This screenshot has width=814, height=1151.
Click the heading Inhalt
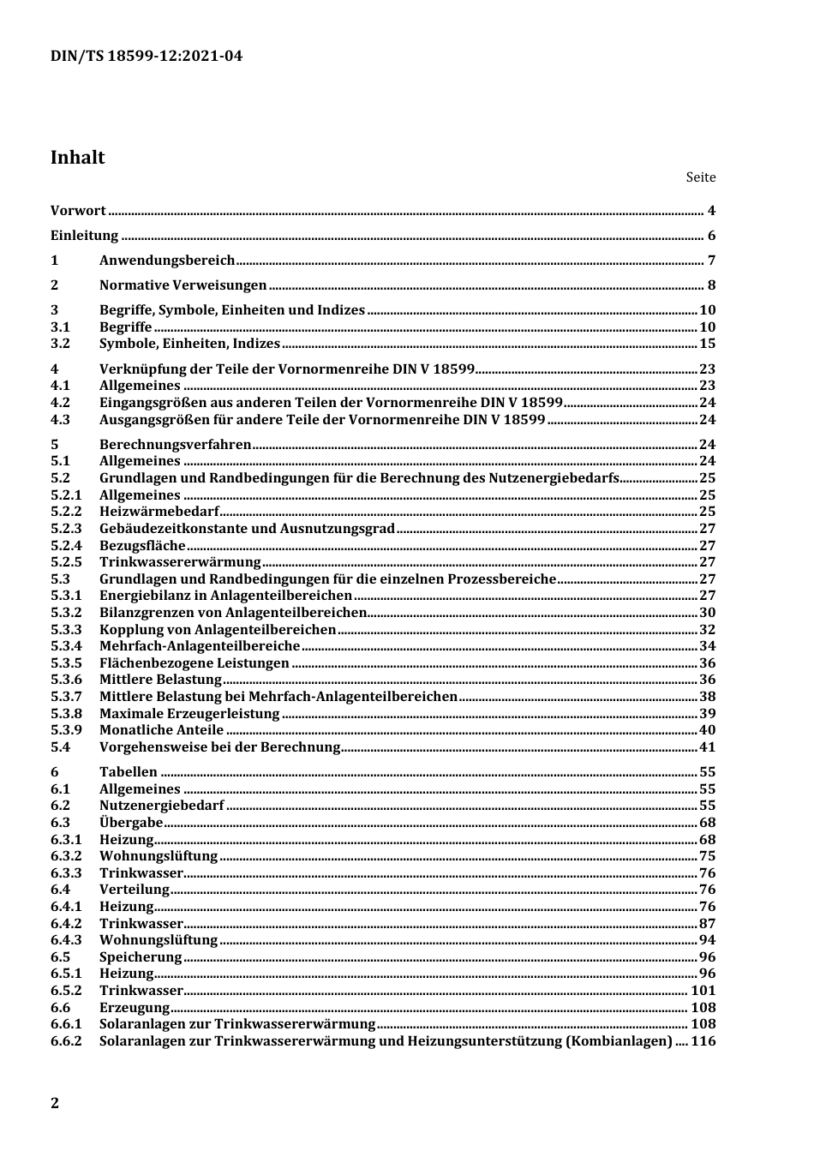tap(77, 158)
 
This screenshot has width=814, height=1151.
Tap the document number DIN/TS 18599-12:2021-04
tap(146, 57)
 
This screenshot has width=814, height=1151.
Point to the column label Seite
tap(700, 177)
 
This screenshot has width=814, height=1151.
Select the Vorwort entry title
tap(78, 211)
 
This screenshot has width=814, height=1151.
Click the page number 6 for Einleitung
tap(711, 237)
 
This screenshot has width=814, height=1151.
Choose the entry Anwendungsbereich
tap(167, 261)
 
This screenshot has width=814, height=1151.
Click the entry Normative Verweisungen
tap(183, 286)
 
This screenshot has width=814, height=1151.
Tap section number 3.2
tap(60, 344)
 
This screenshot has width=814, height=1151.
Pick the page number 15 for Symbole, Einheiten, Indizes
tap(707, 344)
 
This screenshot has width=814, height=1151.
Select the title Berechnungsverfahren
tap(176, 445)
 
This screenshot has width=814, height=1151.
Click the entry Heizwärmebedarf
tap(159, 512)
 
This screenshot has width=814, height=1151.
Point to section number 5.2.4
tap(66, 546)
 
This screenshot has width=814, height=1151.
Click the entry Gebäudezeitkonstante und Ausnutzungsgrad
tap(247, 529)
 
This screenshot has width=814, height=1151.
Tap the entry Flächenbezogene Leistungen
tap(195, 663)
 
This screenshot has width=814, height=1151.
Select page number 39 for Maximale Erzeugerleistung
tap(707, 714)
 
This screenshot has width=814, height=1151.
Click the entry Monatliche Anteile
tap(161, 730)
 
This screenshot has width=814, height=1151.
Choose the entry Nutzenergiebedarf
tap(161, 806)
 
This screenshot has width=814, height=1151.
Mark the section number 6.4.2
tap(66, 924)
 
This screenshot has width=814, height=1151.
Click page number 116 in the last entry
tap(703, 1041)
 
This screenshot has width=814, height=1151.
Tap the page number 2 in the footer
tap(55, 1103)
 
